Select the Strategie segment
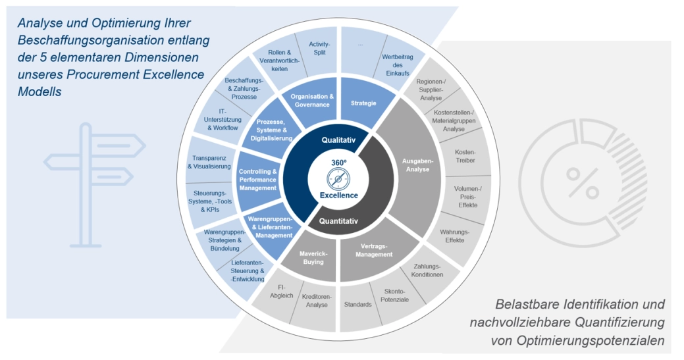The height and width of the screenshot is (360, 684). pyautogui.click(x=363, y=103)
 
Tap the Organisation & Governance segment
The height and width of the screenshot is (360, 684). pyautogui.click(x=312, y=101)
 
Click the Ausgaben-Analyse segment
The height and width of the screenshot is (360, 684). pyautogui.click(x=415, y=165)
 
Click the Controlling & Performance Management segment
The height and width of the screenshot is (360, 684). pyautogui.click(x=257, y=180)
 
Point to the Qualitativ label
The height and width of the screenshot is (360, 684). pyautogui.click(x=338, y=140)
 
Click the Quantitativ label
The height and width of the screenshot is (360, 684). pyautogui.click(x=338, y=221)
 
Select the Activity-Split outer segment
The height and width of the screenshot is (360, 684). pyautogui.click(x=320, y=49)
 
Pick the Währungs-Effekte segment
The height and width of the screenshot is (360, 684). pyautogui.click(x=454, y=236)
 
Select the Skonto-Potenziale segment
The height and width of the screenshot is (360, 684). pyautogui.click(x=394, y=296)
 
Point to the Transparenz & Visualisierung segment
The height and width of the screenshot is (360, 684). pyautogui.click(x=209, y=162)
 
